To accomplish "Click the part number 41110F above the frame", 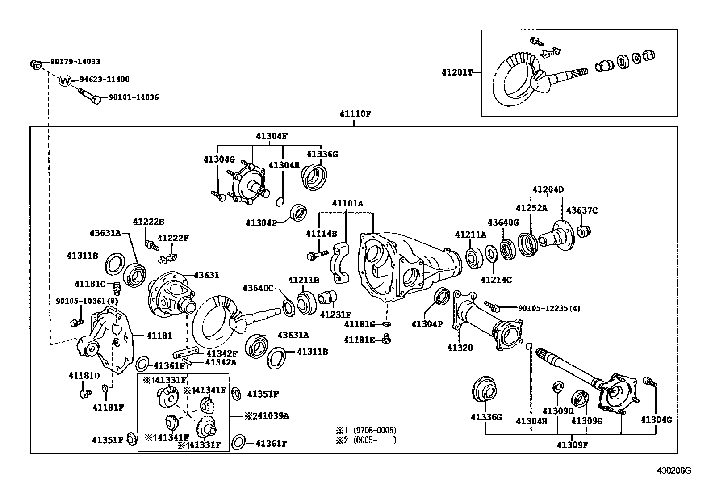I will click(x=355, y=113).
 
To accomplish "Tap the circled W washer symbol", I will click(x=66, y=81).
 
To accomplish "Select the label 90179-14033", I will click(x=75, y=62).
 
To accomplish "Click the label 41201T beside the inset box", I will click(x=457, y=72).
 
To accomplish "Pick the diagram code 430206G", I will click(x=673, y=470).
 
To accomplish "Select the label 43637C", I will click(x=581, y=210).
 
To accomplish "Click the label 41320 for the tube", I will click(x=460, y=348).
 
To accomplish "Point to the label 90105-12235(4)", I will click(x=549, y=308).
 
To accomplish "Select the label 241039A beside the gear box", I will click(x=267, y=416).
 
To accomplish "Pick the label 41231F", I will click(x=335, y=315).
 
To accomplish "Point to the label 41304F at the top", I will click(x=272, y=136).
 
